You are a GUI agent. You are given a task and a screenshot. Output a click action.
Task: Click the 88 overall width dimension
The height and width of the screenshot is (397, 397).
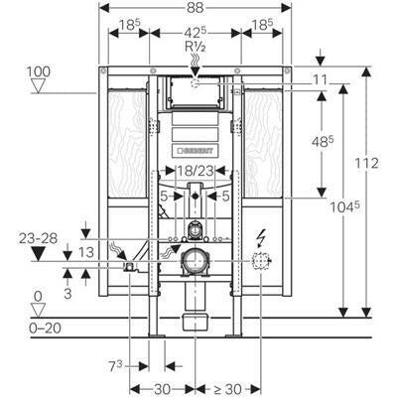coord(195,8)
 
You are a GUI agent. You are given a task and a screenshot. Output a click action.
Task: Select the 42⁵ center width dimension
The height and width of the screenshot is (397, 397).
coord(196,33)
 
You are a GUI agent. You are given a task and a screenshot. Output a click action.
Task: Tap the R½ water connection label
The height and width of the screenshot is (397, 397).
coord(196,47)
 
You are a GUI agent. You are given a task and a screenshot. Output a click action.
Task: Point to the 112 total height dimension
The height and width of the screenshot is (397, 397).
coord(366,163)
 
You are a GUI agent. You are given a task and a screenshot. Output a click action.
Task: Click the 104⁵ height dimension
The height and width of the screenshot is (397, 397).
coord(345,207)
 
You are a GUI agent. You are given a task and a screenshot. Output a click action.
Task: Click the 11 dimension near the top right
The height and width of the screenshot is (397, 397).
coord(320,79)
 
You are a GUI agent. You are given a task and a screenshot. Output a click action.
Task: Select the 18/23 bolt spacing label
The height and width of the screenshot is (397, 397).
coord(196,171)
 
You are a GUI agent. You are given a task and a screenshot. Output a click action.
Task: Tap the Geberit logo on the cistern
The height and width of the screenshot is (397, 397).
coord(196,151)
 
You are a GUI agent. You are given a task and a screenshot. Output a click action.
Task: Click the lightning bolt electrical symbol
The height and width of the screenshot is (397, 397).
coord(261,238)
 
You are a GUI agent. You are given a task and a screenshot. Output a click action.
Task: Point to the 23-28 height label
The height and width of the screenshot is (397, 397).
coord(38,238)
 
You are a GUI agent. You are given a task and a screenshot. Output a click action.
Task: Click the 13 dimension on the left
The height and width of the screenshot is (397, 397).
coord(86,252)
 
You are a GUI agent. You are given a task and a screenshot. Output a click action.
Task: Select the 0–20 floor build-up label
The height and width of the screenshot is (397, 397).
coord(45,329)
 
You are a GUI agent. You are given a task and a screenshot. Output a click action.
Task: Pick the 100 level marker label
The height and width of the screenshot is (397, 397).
coord(39,71)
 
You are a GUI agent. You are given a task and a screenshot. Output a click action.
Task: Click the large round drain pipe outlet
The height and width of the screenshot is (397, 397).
coord(196,261)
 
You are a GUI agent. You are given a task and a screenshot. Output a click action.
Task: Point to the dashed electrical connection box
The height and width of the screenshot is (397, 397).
coord(261,262)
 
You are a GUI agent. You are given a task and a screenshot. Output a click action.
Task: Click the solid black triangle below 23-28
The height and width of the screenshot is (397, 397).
coord(38,254)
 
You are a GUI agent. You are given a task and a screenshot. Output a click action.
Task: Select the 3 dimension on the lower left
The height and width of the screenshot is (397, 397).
coord(67,294)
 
